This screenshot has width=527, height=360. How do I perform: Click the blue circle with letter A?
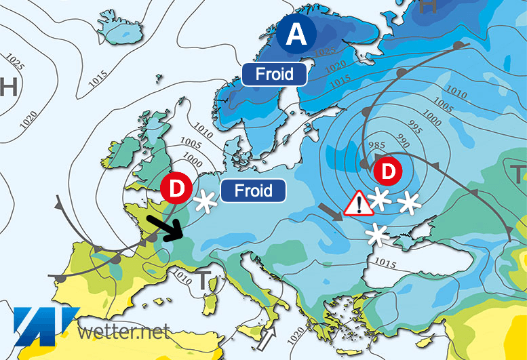coord(296,35)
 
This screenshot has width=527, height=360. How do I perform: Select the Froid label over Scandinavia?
coord(275,73)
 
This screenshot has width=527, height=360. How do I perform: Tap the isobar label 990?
coord(404,142)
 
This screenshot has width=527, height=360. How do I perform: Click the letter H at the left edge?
coord(8,87)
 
